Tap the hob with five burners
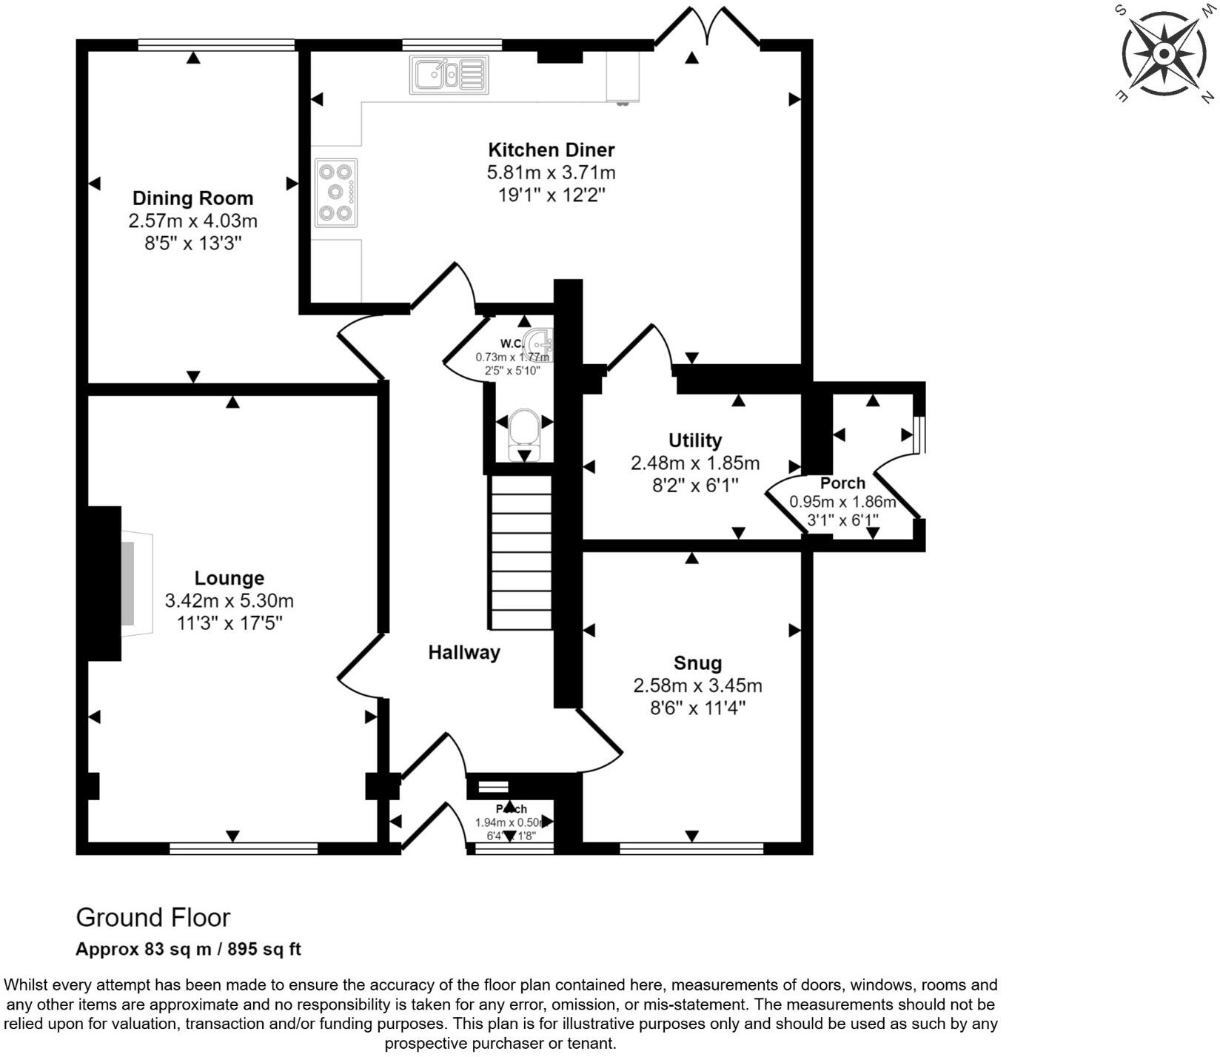[x=335, y=192]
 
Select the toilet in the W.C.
[x=524, y=429]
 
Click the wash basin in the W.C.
[x=540, y=344]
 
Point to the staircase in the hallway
[x=520, y=552]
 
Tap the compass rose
[x=1164, y=54]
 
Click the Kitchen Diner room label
[x=551, y=150]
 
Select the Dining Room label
[x=192, y=198]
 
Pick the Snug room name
[x=697, y=663]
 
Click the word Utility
[x=694, y=440]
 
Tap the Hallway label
[x=464, y=652]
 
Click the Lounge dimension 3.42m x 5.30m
[x=229, y=600]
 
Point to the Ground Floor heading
[x=153, y=918]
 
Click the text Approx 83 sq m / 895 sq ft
[x=188, y=949]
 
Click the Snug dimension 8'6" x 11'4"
[x=697, y=708]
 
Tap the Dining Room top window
[x=216, y=45]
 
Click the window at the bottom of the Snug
[x=691, y=848]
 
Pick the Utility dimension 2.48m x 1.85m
[x=694, y=463]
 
